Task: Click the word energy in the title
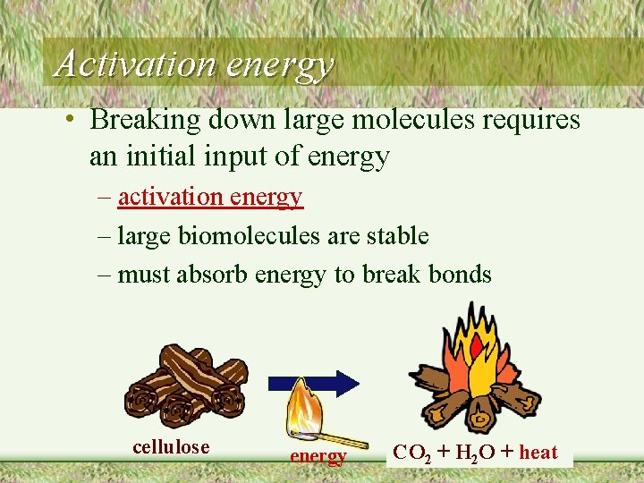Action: [279, 65]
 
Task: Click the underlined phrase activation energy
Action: [210, 197]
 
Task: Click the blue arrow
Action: [324, 382]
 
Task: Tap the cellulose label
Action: [171, 447]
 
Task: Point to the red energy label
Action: [318, 457]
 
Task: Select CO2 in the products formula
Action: [413, 453]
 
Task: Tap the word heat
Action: [538, 453]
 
